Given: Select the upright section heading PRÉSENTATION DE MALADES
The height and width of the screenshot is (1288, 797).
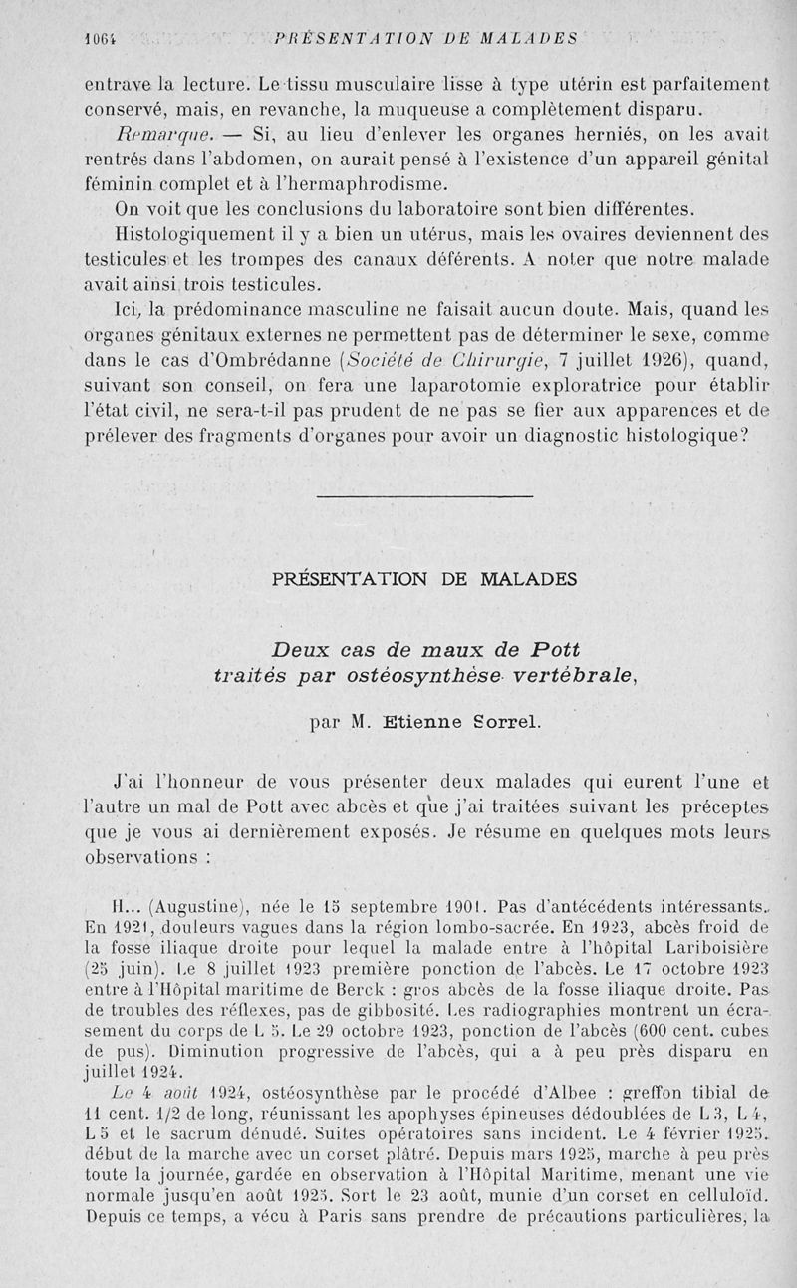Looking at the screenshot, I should click(x=424, y=578).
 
